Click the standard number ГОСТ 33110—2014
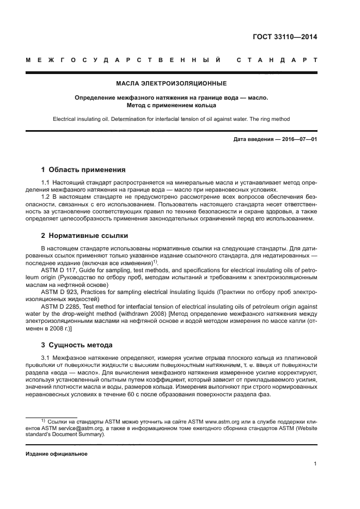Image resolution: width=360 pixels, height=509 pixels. coord(285,38)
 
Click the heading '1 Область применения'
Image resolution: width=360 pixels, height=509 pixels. coord(83,169)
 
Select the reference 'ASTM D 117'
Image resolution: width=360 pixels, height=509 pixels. coord(59,268)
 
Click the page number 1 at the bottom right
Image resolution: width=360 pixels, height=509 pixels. coord(315,464)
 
